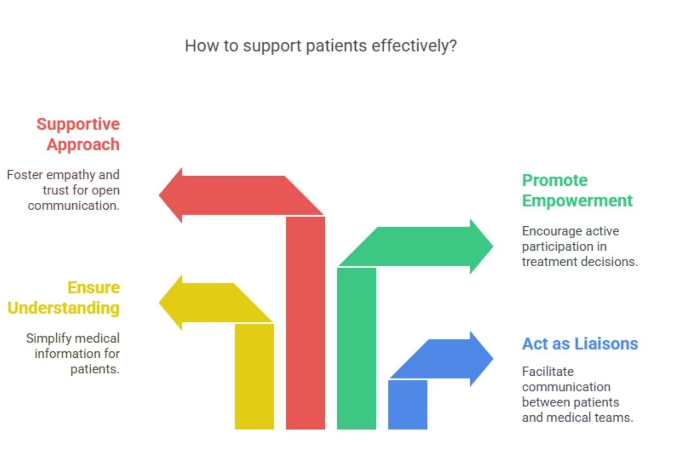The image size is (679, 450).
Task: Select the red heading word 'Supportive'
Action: click(78, 124)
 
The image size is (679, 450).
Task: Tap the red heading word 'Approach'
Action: click(83, 144)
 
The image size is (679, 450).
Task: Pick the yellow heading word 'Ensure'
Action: click(93, 288)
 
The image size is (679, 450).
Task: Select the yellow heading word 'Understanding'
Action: click(63, 308)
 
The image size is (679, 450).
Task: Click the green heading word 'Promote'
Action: click(554, 180)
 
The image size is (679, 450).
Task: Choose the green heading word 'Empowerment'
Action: click(577, 201)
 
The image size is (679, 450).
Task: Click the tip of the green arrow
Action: click(492, 246)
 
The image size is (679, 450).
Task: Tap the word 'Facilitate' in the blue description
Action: click(547, 372)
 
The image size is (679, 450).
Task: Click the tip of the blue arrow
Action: click(492, 359)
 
